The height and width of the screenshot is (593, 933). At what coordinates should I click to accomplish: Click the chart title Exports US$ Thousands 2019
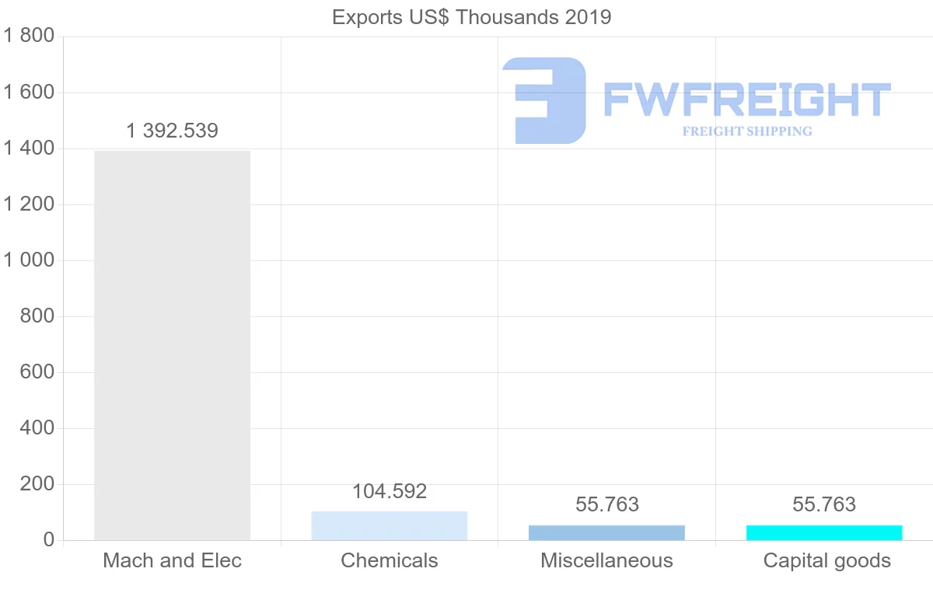(x=471, y=17)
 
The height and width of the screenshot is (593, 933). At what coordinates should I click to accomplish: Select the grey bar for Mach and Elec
(x=172, y=345)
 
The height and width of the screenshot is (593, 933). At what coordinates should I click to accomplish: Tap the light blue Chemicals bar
(x=390, y=526)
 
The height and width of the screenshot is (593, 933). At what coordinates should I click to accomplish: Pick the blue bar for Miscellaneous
(x=606, y=532)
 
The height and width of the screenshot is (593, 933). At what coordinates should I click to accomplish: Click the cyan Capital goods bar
(x=824, y=532)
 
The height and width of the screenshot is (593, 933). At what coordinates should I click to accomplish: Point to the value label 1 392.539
(x=172, y=131)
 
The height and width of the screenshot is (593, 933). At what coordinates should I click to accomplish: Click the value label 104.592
(x=390, y=491)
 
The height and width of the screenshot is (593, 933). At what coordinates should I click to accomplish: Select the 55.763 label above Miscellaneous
(x=607, y=504)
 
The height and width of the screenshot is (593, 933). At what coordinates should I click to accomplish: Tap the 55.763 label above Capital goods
(x=824, y=504)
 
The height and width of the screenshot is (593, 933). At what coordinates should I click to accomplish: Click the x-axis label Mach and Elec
(x=172, y=560)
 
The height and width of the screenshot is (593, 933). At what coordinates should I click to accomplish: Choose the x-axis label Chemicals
(x=390, y=560)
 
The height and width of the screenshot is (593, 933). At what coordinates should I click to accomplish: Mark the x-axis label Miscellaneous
(x=607, y=560)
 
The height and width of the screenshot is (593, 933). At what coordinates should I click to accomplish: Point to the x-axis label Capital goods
(x=827, y=560)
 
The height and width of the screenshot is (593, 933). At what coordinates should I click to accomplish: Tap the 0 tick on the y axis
(x=48, y=540)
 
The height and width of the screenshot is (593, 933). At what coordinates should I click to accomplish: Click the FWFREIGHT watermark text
(x=746, y=99)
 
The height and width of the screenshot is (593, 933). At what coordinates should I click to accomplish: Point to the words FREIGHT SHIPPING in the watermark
(x=747, y=131)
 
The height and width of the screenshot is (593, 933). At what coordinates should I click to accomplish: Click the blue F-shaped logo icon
(x=544, y=100)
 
